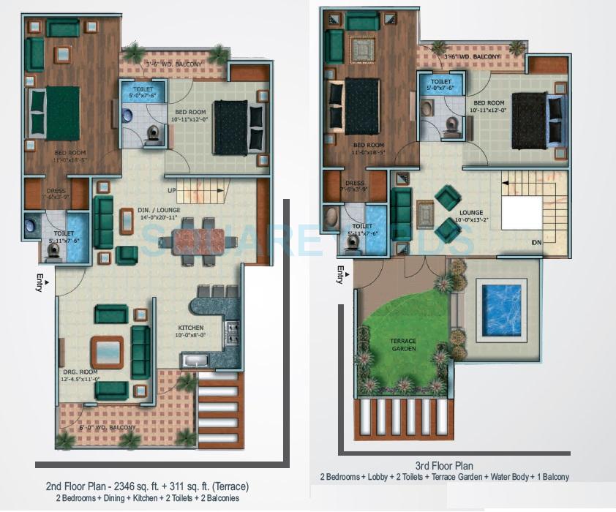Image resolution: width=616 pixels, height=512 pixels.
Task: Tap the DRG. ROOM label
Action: [80, 372]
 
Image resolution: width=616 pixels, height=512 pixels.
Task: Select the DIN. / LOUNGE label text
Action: [159, 211]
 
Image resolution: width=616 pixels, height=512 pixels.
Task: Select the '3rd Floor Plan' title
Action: [443, 466]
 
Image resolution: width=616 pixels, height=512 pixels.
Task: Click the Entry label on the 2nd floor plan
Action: [38, 281]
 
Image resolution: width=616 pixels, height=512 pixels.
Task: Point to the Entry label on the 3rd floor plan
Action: [340, 274]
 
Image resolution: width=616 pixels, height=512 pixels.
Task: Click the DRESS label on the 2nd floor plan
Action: [56, 192]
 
